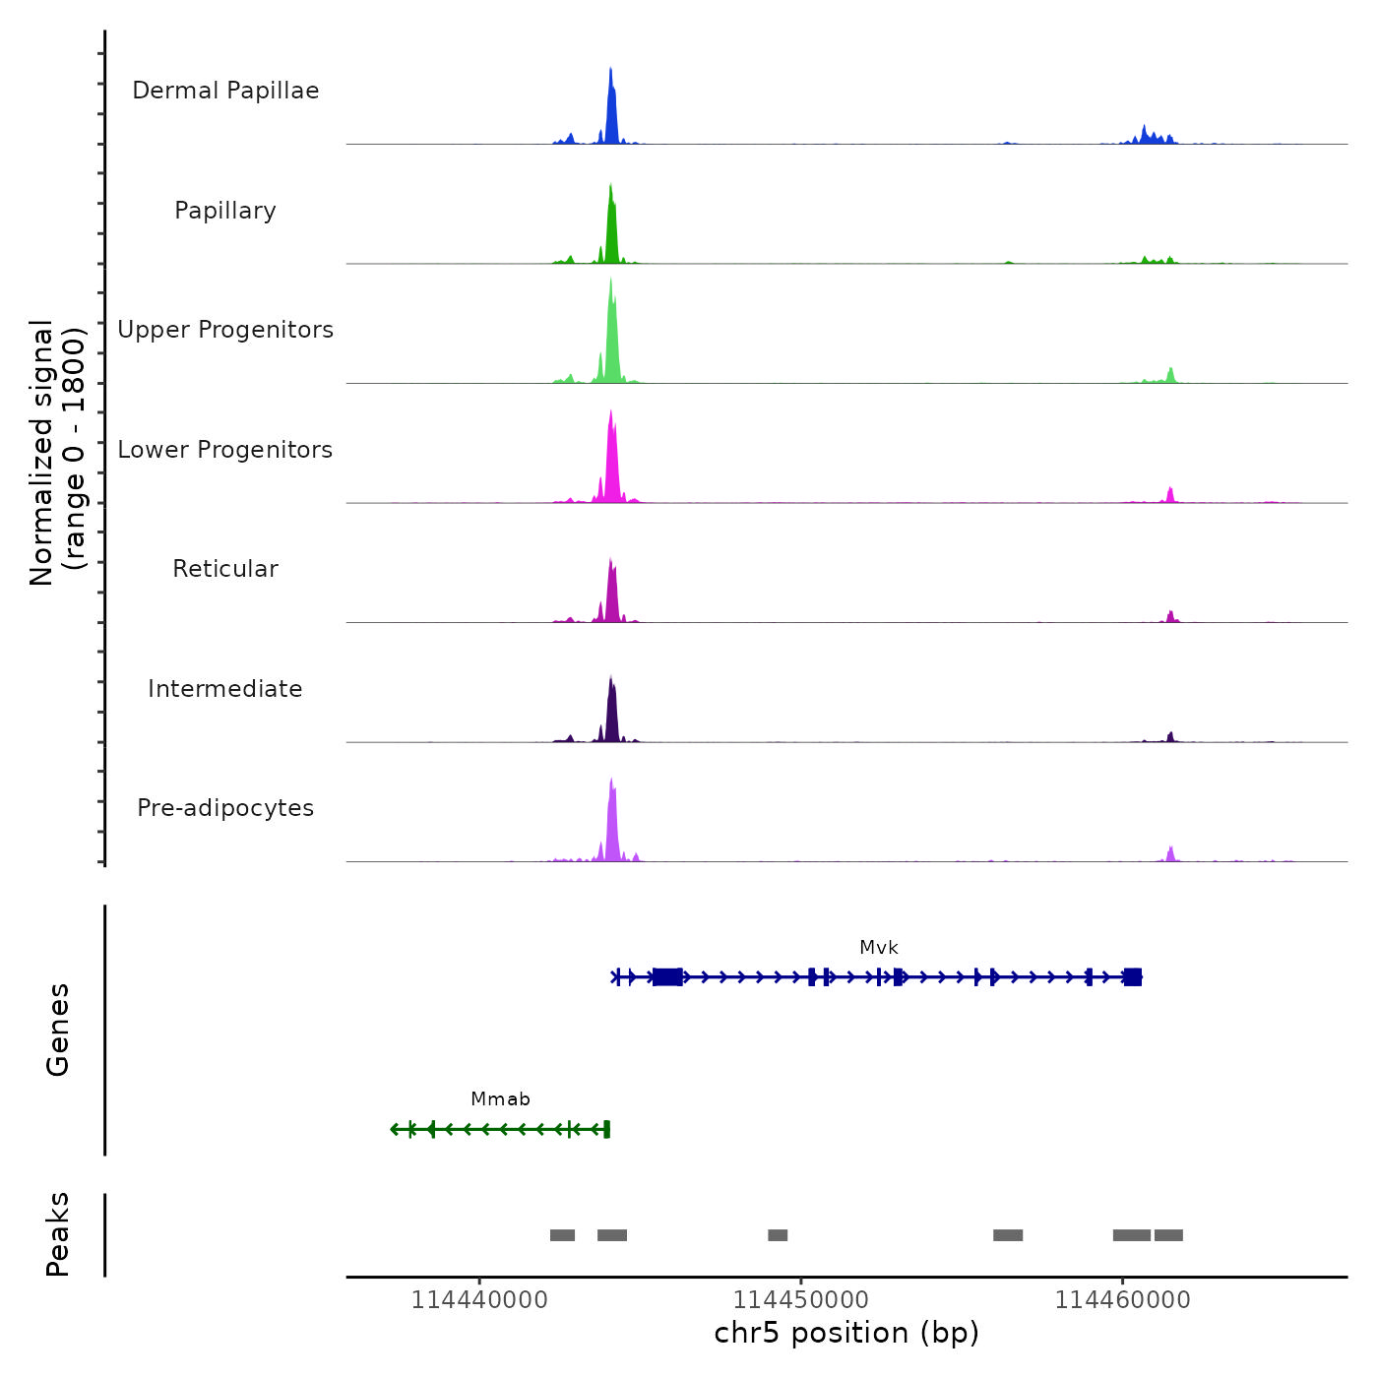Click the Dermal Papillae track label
pos(225,91)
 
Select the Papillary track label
pos(225,211)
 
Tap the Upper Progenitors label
pos(225,330)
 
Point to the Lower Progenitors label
pos(225,450)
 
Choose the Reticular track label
pos(225,569)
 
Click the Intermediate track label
pos(225,689)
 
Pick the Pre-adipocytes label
pos(225,808)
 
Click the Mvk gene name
pos(878,948)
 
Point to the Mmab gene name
pos(500,1099)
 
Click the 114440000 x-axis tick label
pos(479,1300)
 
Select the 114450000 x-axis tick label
pos(801,1300)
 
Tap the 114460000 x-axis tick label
pos(1122,1300)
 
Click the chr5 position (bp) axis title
pos(846,1333)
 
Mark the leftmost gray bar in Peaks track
pos(562,1235)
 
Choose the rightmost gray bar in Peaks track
pos(1168,1235)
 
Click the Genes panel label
pos(58,1030)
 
